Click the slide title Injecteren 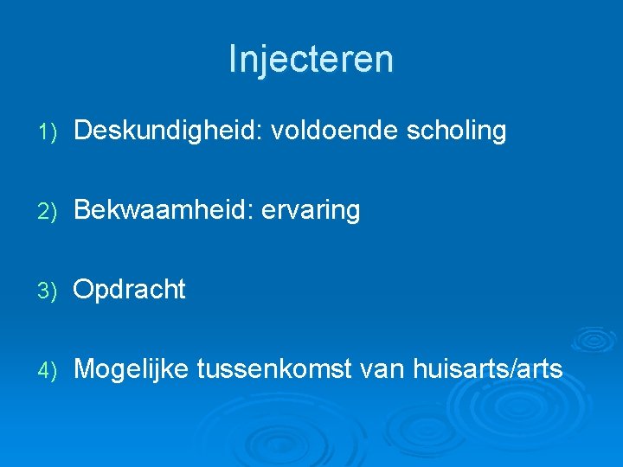[311, 59]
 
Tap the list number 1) [48, 132]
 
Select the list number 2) [48, 211]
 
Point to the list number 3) [48, 291]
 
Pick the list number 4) [48, 370]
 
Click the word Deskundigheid [166, 131]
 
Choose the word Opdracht [129, 290]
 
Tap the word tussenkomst [273, 369]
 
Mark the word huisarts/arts [490, 369]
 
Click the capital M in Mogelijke [85, 369]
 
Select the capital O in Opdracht [84, 290]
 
